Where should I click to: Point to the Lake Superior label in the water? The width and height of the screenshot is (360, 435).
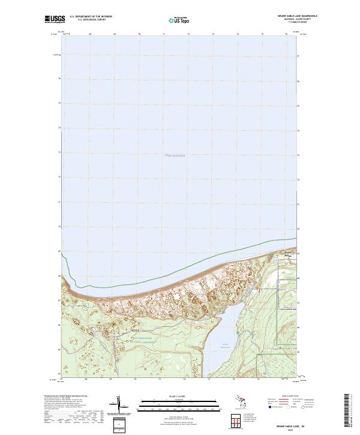pyautogui.click(x=175, y=155)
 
